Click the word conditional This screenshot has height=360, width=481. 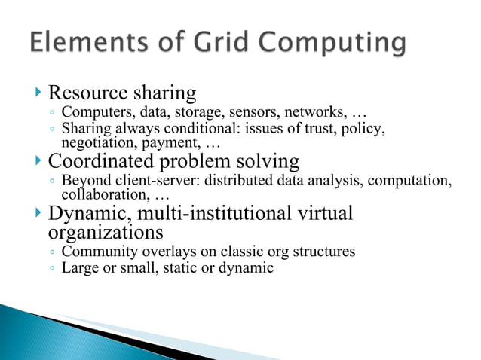pos(192,129)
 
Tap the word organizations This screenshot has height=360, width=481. pos(106,232)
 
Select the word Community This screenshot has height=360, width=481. pos(96,252)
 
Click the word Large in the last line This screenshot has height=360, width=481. pos(78,267)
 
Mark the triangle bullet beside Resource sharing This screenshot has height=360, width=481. pos(39,94)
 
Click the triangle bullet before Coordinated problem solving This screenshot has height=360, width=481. pos(39,162)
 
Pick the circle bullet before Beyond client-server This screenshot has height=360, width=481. pos(51,182)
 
